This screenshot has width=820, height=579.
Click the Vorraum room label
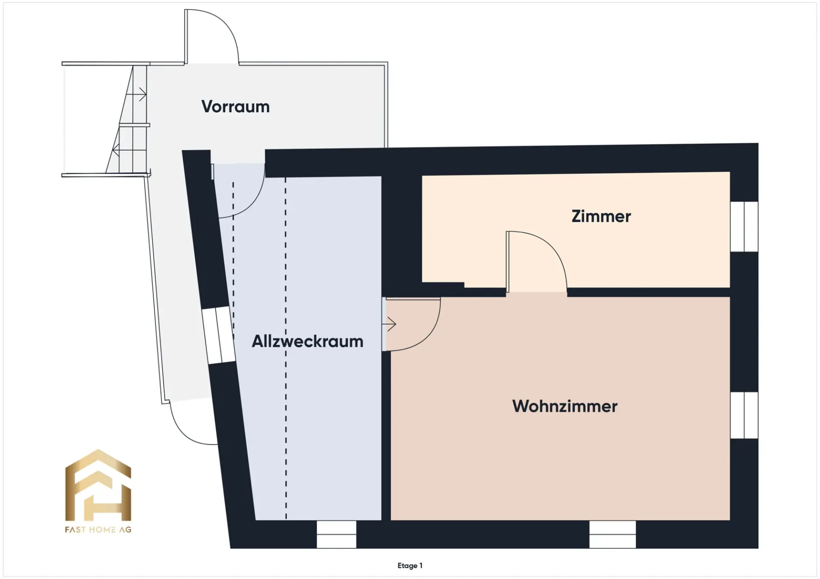(x=235, y=107)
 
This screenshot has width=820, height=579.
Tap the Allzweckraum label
(x=307, y=341)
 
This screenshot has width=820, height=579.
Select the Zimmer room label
(x=601, y=216)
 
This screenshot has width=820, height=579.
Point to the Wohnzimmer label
(x=565, y=406)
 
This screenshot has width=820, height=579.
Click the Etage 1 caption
(x=410, y=565)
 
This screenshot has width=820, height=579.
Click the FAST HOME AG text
(x=98, y=530)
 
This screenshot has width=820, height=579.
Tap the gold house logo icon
(x=98, y=485)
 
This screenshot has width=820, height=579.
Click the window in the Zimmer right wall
(x=744, y=227)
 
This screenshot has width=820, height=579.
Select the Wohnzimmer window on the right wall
(x=744, y=415)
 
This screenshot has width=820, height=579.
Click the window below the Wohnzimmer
(x=612, y=534)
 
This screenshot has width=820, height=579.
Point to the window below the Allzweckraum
(x=337, y=534)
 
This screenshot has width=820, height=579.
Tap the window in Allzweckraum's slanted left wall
(x=218, y=335)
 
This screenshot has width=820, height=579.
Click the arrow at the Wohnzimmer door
(x=389, y=324)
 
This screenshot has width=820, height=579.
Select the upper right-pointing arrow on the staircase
(x=137, y=94)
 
